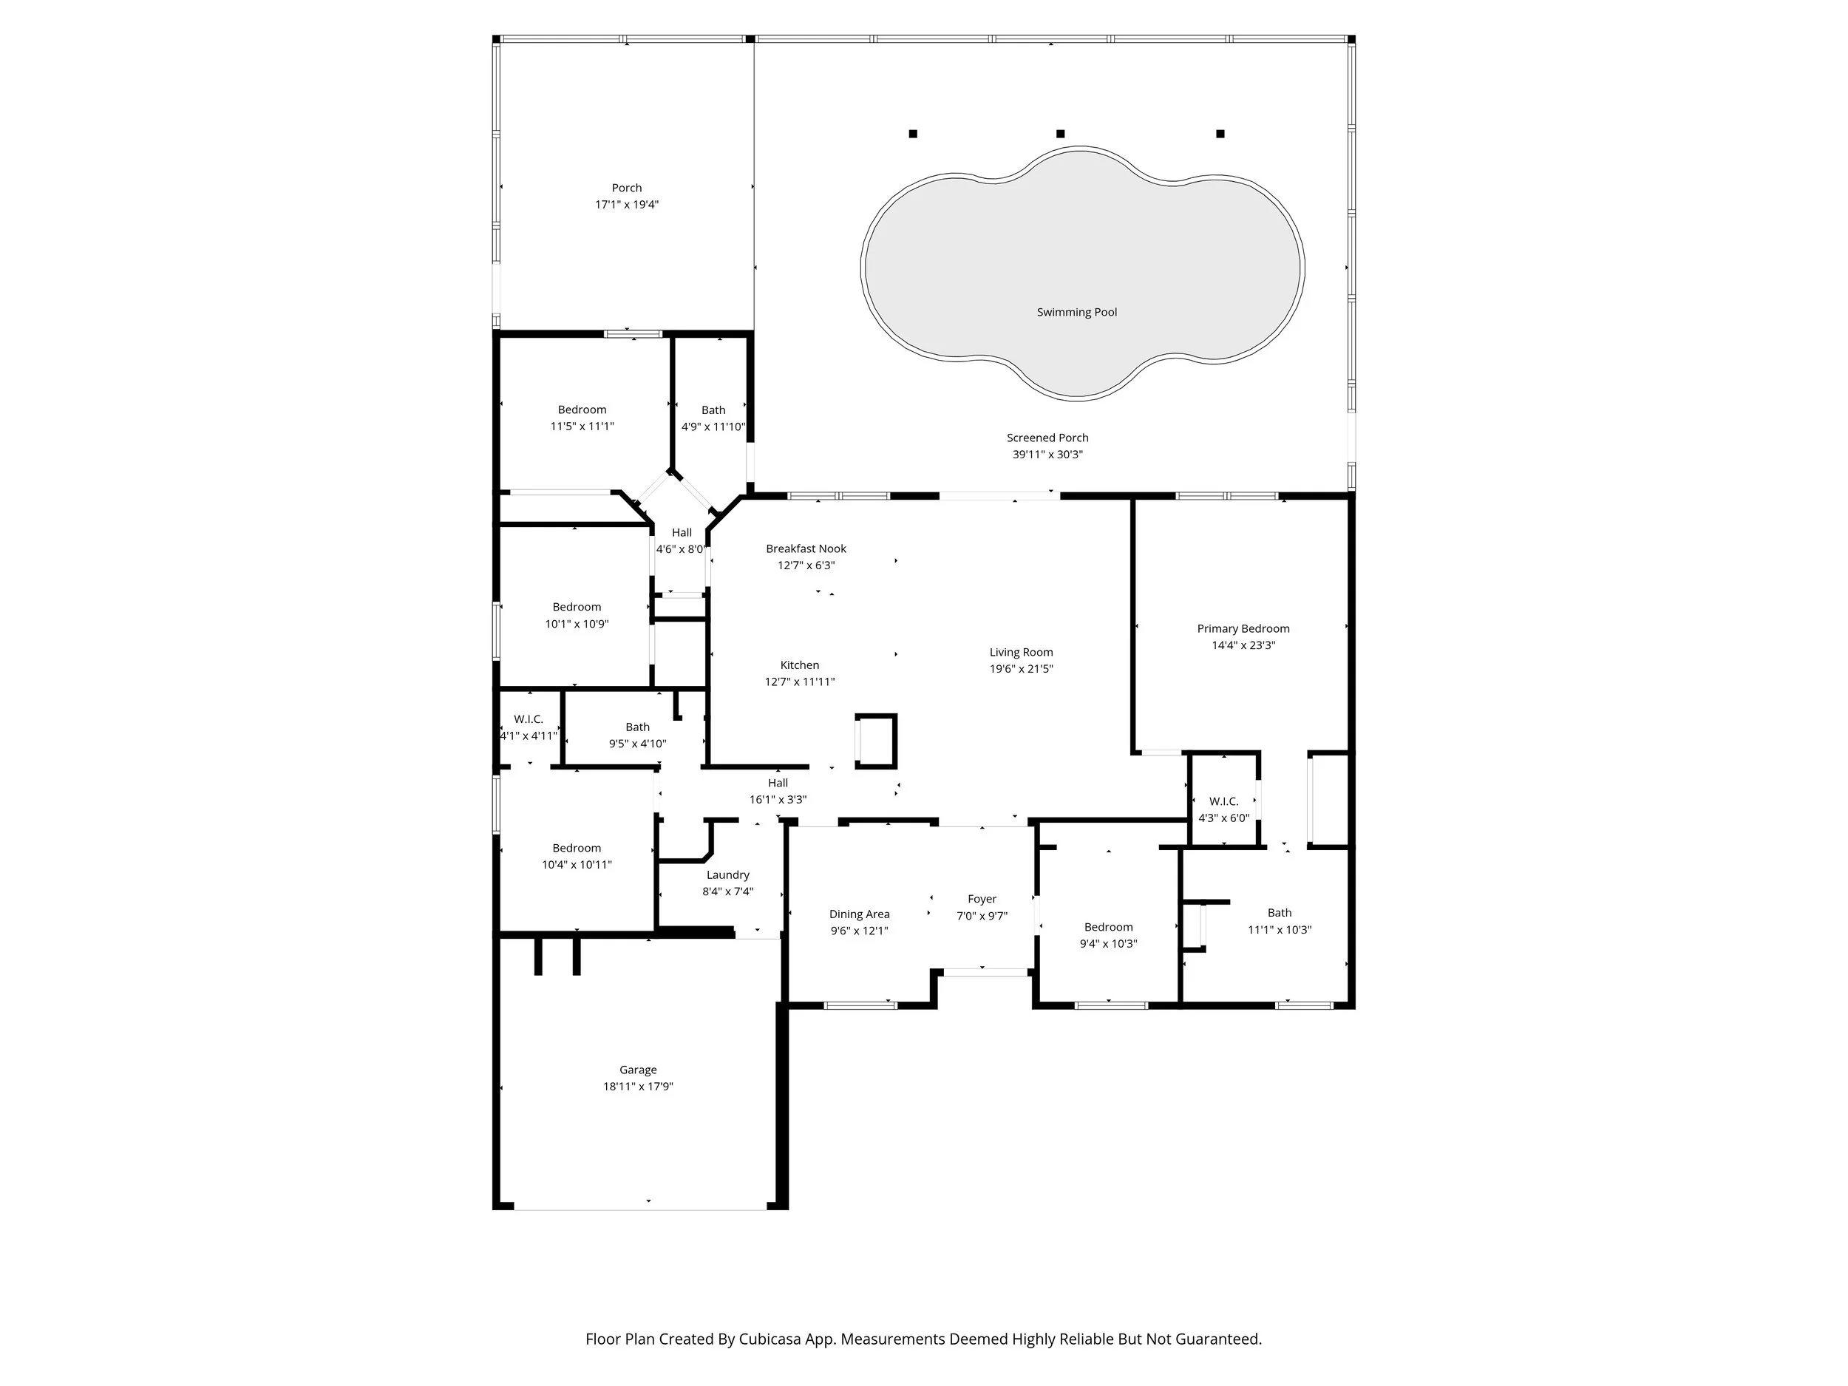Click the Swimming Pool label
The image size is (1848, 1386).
click(x=1076, y=313)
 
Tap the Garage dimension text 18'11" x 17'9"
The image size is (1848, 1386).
click(x=637, y=1086)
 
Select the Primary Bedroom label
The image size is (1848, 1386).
click(x=1243, y=628)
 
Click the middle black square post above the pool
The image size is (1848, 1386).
click(x=1060, y=134)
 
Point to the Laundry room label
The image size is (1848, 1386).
click(x=727, y=874)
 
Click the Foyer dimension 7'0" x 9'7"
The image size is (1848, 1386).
click(x=982, y=916)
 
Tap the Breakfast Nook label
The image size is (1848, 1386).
click(x=806, y=549)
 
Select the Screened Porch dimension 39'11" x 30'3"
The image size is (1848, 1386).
click(x=1047, y=455)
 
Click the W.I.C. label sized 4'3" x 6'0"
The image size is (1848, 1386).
click(x=1223, y=801)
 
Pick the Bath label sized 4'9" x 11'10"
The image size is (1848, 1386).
click(x=713, y=410)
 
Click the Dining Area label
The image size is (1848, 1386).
click(x=859, y=914)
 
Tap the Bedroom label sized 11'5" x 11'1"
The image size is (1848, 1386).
click(x=582, y=410)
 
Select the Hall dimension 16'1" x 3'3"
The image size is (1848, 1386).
click(x=777, y=800)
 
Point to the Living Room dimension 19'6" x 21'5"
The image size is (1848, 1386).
click(x=1021, y=668)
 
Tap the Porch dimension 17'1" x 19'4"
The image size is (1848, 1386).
click(x=627, y=205)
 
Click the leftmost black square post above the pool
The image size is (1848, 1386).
click(x=913, y=134)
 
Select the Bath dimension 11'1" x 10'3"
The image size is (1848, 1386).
click(x=1279, y=929)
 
